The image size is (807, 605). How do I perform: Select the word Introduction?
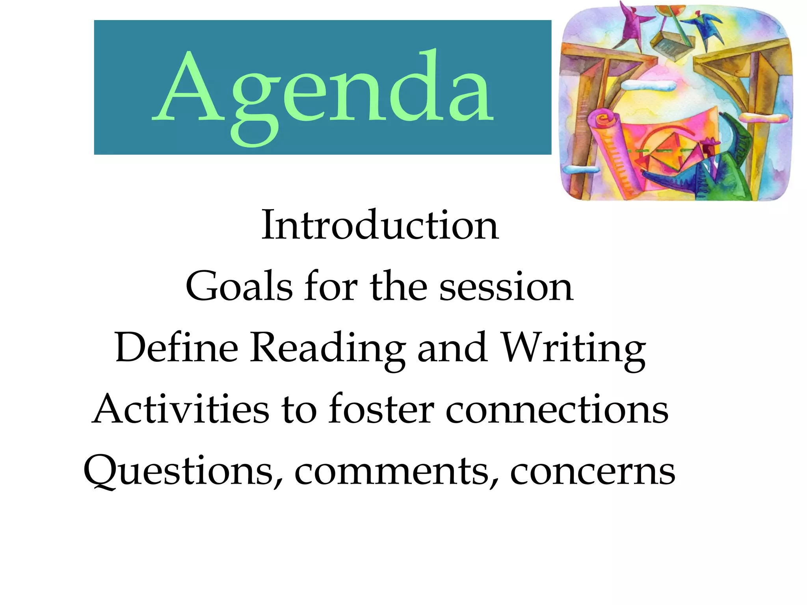(380, 225)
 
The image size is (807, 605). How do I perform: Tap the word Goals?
(240, 287)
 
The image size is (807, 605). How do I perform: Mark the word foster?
(381, 410)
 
